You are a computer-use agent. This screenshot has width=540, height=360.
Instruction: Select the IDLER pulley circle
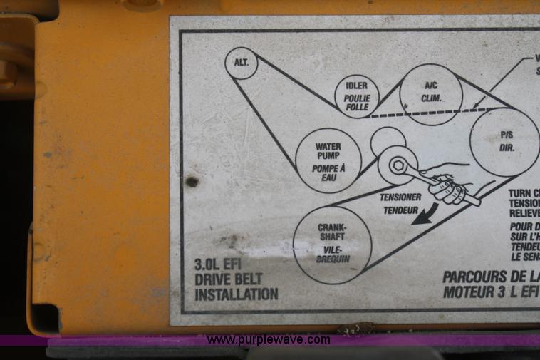tap(356, 93)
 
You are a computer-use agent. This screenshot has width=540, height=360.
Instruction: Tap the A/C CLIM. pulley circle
tap(431, 94)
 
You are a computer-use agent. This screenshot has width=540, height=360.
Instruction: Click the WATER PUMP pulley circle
tap(328, 160)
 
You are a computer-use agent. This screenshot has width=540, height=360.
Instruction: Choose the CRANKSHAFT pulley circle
tap(332, 244)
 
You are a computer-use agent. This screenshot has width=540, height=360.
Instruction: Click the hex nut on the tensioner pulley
tap(399, 165)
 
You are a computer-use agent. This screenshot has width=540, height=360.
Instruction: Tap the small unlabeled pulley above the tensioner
tap(388, 141)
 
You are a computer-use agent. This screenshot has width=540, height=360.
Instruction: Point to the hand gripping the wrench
tap(450, 186)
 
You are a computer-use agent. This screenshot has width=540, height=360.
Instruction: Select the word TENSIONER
tap(400, 197)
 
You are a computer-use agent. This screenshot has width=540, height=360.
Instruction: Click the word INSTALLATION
tap(237, 294)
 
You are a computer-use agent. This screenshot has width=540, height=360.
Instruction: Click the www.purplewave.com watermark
tap(269, 339)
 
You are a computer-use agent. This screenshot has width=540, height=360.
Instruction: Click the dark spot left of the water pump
tap(192, 182)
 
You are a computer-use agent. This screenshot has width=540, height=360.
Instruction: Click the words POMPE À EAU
tap(328, 173)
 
